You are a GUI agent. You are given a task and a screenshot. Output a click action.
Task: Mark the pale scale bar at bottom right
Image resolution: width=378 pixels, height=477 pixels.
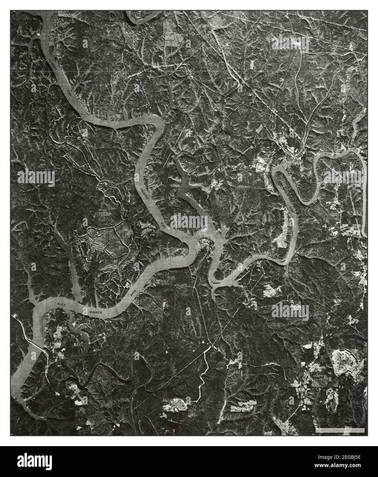pos(340,430)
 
